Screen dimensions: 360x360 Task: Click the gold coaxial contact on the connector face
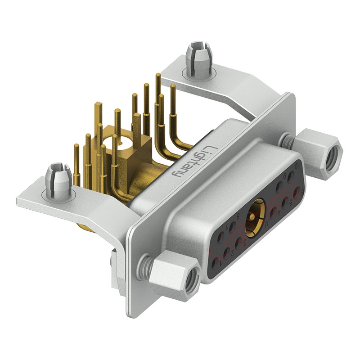[x=255, y=218]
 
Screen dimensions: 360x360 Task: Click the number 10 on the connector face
[x=297, y=166]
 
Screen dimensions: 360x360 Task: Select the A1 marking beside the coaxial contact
[x=267, y=224]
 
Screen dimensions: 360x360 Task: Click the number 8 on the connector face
[x=238, y=216]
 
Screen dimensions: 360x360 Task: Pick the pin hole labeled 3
[x=238, y=242]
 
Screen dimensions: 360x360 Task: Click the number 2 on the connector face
[x=232, y=253]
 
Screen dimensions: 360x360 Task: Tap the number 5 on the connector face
[x=290, y=203]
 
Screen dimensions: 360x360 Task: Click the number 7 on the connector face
[x=227, y=227]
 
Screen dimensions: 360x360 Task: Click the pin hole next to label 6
[x=297, y=193]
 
